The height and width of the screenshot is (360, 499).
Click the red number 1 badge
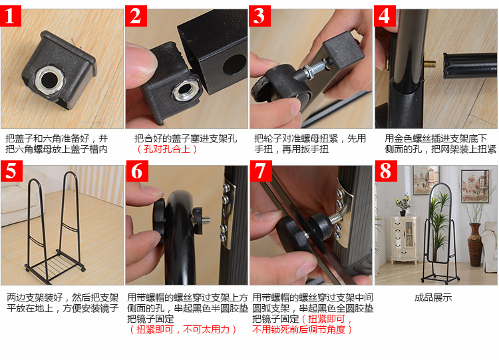pos(11,16)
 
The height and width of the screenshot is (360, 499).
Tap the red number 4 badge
pos(385,16)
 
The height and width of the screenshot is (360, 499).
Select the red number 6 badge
pos(137,171)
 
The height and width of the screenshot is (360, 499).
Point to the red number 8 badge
pos(386,171)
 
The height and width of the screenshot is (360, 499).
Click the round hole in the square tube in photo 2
pos(235,65)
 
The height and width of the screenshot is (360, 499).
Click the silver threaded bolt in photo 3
pos(317,69)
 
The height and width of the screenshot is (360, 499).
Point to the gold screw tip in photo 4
pos(430,64)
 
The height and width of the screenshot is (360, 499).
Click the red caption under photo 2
pos(167,149)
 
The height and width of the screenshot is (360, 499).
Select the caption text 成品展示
pos(433,297)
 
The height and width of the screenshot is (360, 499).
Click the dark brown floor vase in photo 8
pos(475,244)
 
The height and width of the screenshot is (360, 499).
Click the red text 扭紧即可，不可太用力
pos(183,329)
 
